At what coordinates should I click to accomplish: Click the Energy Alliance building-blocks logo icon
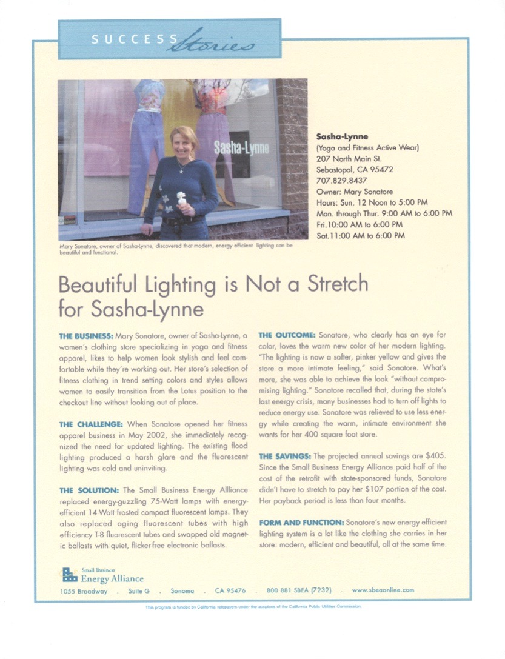(70, 574)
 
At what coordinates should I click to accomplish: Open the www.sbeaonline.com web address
(383, 590)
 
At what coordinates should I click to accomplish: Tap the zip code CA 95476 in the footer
(230, 590)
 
